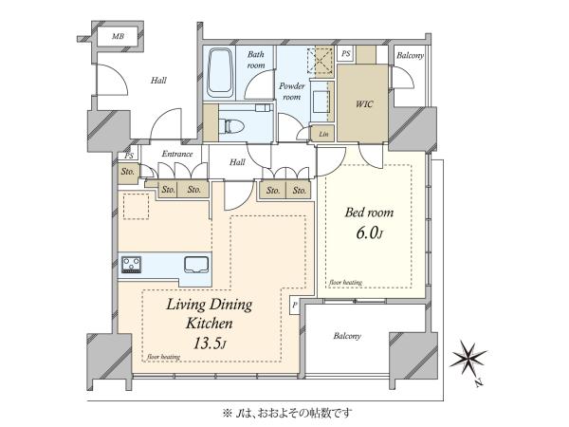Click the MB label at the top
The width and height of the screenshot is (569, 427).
coord(118,36)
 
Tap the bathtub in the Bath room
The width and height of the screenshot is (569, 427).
coord(220,73)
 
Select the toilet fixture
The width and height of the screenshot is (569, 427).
coord(234,126)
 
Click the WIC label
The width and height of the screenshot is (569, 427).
coord(364,104)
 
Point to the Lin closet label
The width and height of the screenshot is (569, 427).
coord(323,134)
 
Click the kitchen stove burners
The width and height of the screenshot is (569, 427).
coord(132,265)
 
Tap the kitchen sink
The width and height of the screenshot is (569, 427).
coord(196,265)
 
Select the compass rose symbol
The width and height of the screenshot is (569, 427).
coord(468,358)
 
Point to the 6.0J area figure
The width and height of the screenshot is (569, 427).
coord(369,232)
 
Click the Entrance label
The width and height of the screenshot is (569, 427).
coord(177,154)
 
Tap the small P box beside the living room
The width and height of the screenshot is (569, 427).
coord(294,306)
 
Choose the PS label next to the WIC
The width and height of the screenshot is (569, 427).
coord(346,53)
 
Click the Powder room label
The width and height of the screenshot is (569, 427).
coord(292,91)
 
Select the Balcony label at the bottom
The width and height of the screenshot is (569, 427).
coord(347,336)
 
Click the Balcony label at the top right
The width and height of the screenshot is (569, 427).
coord(410,56)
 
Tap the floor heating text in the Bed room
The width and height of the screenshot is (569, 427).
coord(345,283)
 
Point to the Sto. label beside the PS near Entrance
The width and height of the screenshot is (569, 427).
coord(128,172)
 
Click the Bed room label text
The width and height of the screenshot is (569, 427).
coord(369,213)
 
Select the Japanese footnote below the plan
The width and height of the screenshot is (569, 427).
coord(287,413)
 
